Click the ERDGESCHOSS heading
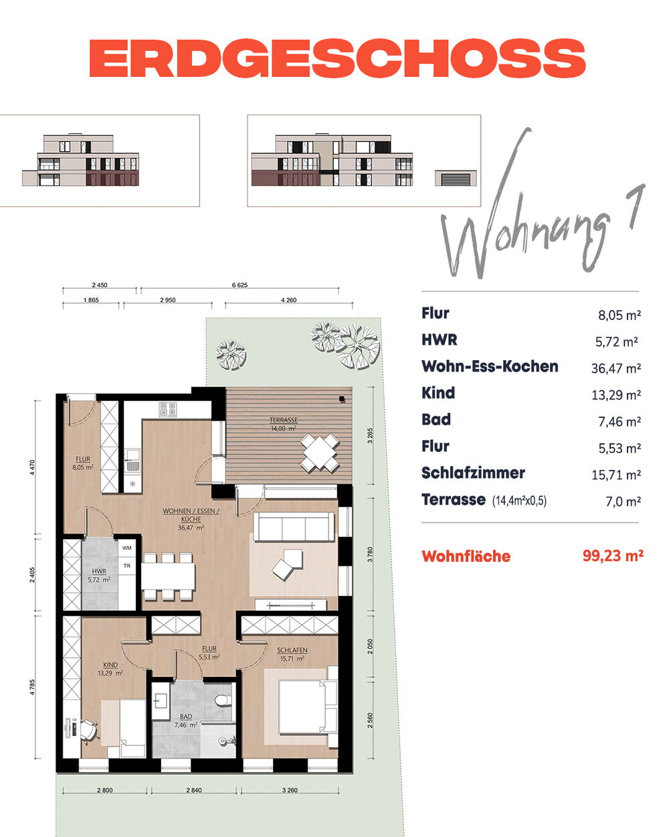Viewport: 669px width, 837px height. tap(337, 58)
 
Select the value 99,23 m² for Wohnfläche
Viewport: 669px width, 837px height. tap(613, 556)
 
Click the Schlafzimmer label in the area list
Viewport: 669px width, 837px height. tap(473, 473)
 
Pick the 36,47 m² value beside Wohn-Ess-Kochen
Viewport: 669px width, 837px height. tap(615, 368)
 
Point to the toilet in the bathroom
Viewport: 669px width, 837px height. tap(222, 700)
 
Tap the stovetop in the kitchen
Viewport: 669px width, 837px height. tap(167, 410)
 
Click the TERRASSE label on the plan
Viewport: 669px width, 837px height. tap(284, 420)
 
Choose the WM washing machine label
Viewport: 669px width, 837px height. tap(126, 548)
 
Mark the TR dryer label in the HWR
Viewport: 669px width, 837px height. tap(126, 566)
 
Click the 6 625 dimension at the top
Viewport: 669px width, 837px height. tap(240, 285)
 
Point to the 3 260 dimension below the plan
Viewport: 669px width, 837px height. tap(290, 790)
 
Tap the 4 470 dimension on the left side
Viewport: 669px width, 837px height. tap(32, 467)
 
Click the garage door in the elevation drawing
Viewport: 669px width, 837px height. tap(456, 179)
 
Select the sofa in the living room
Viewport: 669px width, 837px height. tap(294, 527)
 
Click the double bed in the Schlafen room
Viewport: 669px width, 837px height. tap(307, 707)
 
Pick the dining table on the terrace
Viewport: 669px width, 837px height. tap(320, 453)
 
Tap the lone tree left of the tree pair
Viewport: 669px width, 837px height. tap(231, 354)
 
